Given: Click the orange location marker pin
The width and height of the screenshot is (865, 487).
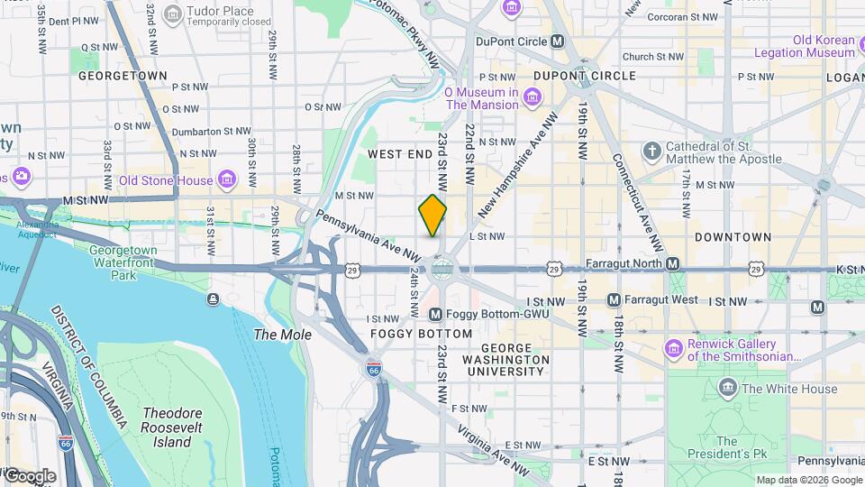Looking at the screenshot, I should click(x=432, y=216).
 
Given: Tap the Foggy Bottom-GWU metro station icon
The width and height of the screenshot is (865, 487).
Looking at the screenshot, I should click(x=436, y=314).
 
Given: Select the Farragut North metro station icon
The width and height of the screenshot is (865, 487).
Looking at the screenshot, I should click(x=671, y=263).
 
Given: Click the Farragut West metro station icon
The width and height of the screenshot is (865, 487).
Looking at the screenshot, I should click(x=615, y=299).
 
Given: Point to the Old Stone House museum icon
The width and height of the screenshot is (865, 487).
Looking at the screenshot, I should click(x=227, y=179).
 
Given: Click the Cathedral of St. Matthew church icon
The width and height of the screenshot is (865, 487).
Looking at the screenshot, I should click(x=652, y=151).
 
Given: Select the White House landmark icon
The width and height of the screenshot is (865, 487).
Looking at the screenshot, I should click(x=727, y=389).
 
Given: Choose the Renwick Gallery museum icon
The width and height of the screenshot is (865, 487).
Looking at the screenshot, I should click(x=673, y=348).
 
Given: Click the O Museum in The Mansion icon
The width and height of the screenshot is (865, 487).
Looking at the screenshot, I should click(x=533, y=97).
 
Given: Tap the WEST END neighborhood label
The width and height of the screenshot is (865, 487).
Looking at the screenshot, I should click(x=400, y=155).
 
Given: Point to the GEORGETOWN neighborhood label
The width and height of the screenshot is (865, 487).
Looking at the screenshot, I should click(x=123, y=77).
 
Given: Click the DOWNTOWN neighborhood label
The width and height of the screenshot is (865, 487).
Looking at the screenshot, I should click(x=733, y=237).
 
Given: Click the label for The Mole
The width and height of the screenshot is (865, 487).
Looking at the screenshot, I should click(x=282, y=335).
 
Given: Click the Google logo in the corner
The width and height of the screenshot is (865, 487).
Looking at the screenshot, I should click(x=29, y=475).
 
